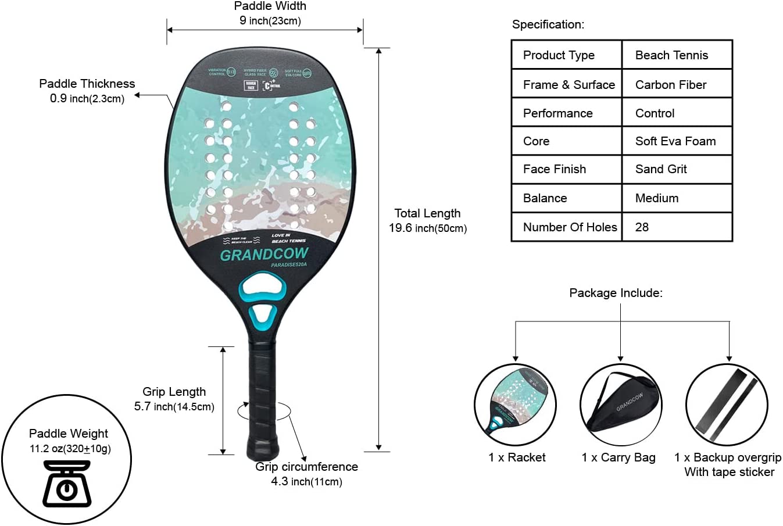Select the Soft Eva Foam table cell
click(675, 141)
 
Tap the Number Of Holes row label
click(569, 227)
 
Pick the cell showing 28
click(642, 227)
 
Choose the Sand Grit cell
click(661, 169)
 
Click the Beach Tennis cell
click(671, 55)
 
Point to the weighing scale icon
click(67, 484)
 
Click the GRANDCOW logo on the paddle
click(264, 255)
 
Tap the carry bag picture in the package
click(620, 405)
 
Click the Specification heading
click(548, 24)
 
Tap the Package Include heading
click(616, 293)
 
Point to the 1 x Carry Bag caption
click(618, 457)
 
